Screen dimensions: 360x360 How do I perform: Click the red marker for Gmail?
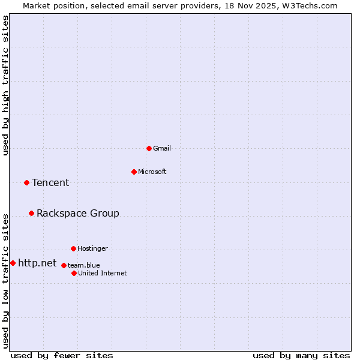149,148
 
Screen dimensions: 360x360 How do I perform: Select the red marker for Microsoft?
134,172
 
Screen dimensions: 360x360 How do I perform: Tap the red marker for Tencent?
26,182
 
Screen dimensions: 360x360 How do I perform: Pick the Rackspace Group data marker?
31,213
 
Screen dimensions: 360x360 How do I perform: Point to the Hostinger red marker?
73,248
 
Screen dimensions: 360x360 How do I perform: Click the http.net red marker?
13,263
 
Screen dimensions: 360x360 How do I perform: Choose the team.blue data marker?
64,265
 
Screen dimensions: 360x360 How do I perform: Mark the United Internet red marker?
74,273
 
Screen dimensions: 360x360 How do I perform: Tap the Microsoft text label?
152,172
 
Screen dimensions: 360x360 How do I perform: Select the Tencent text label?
50,182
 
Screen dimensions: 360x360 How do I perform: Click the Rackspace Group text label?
78,213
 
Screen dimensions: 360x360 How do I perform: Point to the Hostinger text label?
92,248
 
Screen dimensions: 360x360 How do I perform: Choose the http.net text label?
37,263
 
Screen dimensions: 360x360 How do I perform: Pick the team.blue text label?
84,265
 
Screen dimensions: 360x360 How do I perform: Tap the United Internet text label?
103,273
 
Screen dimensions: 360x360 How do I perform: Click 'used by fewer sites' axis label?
62,355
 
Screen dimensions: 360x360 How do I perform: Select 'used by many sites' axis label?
301,355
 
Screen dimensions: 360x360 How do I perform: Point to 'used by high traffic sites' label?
5,85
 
